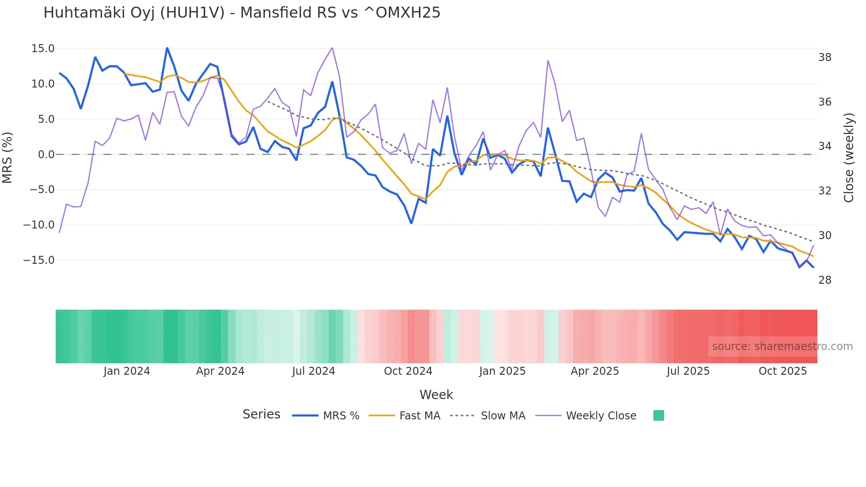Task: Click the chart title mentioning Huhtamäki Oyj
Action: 242,13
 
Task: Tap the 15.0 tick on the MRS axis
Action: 43,49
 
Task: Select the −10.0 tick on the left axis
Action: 39,225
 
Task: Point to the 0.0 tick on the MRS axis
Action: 46,155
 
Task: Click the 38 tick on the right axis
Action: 824,57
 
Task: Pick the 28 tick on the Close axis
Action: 824,280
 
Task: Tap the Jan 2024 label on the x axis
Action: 127,371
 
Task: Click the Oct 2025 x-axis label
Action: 782,371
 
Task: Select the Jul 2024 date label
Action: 313,371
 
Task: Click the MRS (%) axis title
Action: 8,158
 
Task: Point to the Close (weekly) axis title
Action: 849,158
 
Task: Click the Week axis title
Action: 436,395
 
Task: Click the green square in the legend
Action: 658,415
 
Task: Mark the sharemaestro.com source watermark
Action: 782,346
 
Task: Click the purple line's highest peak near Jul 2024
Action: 332,48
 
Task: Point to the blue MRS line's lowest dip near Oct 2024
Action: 411,223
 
